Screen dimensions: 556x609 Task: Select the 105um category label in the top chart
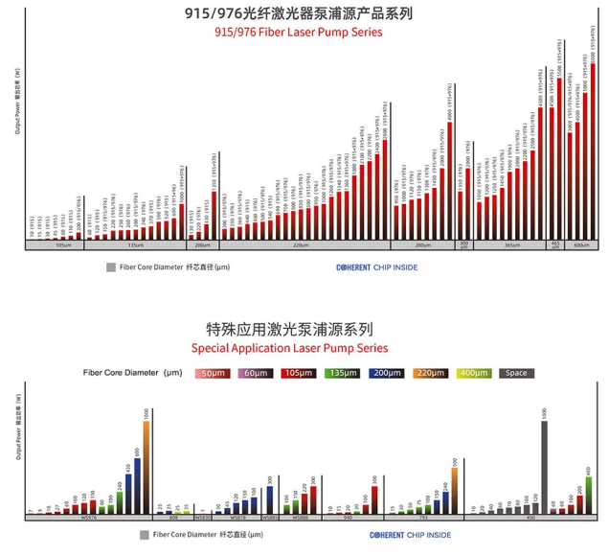click(63, 245)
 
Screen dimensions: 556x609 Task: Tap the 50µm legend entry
click(211, 373)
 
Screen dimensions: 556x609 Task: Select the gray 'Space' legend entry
click(516, 373)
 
